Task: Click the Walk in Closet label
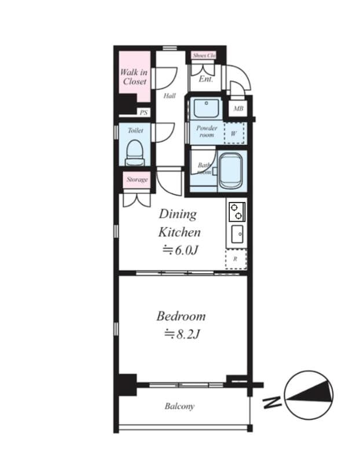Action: pos(134,77)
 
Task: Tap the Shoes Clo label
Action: pos(204,56)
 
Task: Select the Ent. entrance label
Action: pos(205,79)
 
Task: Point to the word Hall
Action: pos(169,96)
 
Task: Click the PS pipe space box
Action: pos(144,113)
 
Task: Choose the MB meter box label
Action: pos(238,109)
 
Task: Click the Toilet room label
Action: pos(135,131)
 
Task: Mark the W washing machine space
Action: pos(234,133)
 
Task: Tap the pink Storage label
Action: pos(137,179)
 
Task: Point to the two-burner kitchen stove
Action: pos(236,212)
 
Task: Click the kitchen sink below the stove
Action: pos(237,235)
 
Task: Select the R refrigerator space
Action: pos(235,259)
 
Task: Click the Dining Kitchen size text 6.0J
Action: pos(180,251)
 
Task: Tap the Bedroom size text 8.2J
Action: pos(181,334)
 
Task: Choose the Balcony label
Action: pos(179,406)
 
